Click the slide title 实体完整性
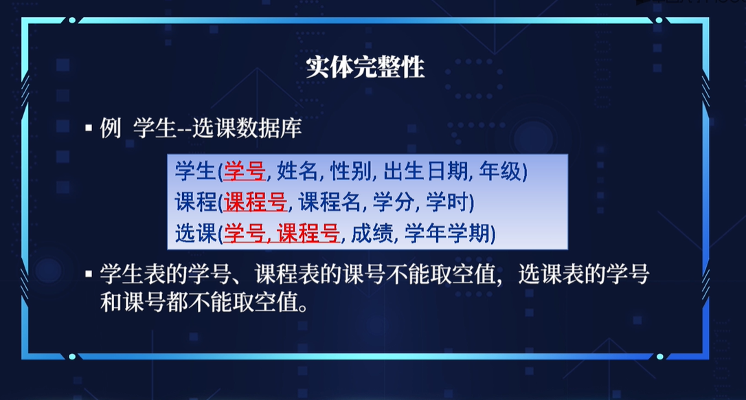365,68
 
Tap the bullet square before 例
88,128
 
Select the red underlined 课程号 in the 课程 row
255,203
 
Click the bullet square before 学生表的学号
88,274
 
